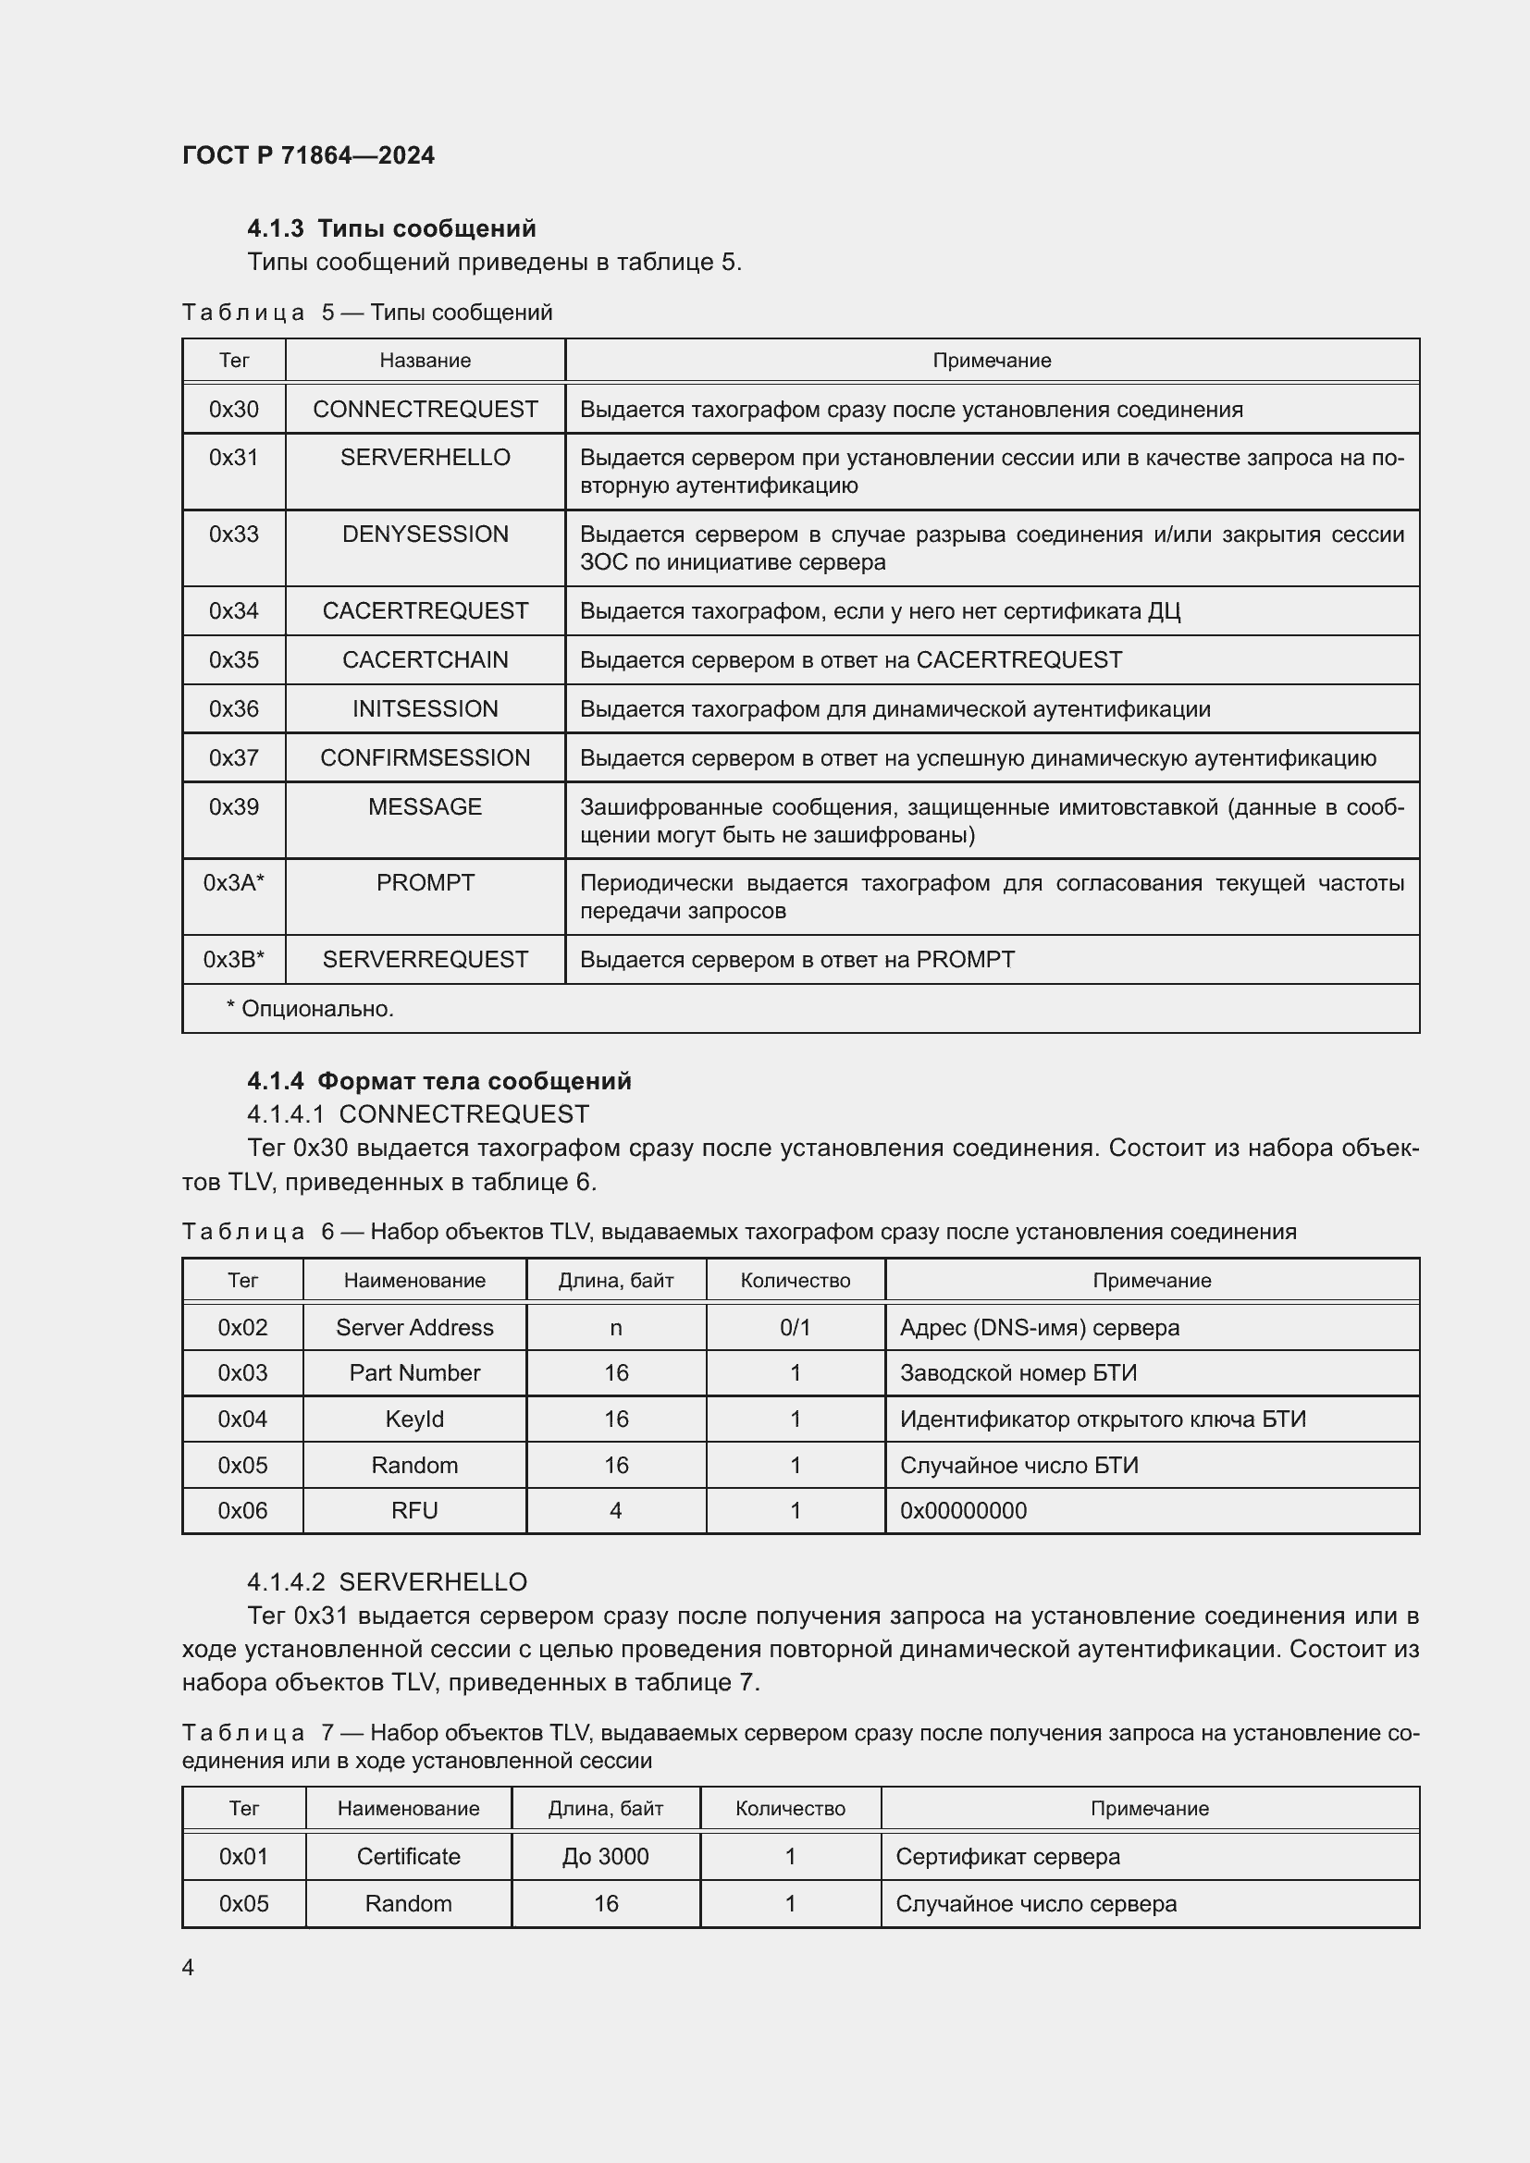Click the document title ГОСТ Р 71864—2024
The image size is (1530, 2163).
coord(308,155)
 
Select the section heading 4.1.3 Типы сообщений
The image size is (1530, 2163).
coord(391,228)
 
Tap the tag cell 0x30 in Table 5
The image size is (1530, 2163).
coord(234,409)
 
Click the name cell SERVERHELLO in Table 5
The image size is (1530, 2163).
coord(425,458)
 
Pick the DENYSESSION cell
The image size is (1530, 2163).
coord(425,535)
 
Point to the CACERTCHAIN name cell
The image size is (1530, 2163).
coord(425,659)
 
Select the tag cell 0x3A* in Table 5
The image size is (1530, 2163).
coord(234,883)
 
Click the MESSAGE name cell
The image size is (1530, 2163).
coord(425,806)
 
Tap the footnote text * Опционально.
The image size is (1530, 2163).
coord(310,1009)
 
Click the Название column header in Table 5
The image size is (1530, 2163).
coord(425,361)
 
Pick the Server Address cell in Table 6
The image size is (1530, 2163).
coord(414,1327)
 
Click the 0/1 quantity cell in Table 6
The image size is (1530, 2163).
coord(796,1327)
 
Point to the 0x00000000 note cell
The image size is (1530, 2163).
coord(963,1510)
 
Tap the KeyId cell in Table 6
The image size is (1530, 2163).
coord(414,1419)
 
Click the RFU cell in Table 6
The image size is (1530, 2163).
coord(414,1510)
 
